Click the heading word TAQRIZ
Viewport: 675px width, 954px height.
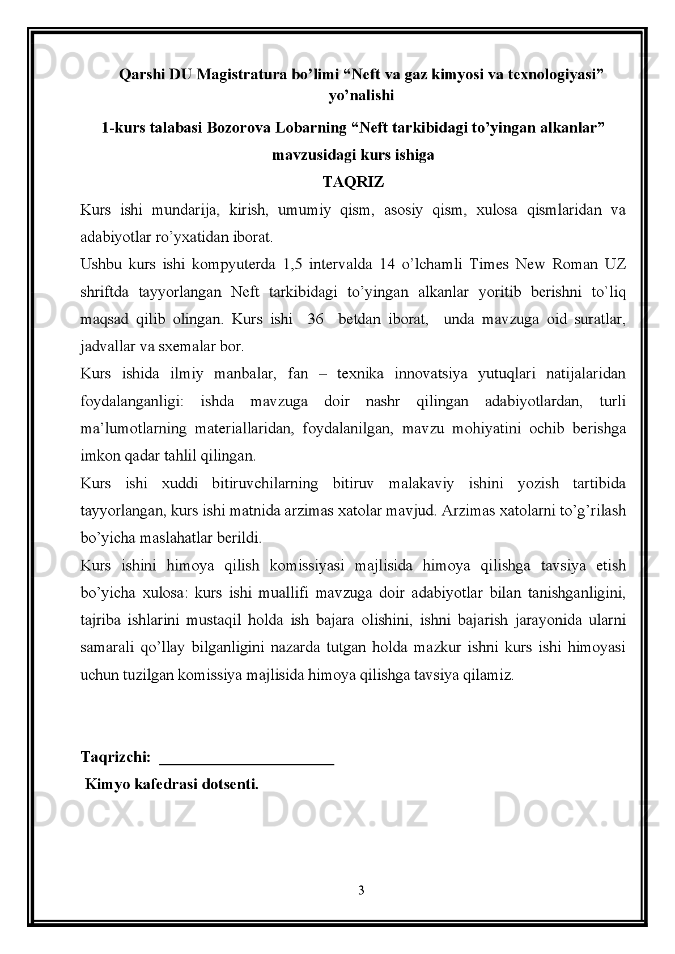point(353,182)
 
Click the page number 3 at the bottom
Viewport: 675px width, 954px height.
point(361,891)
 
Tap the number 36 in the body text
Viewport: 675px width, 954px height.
point(315,319)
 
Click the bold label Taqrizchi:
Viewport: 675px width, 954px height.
point(116,757)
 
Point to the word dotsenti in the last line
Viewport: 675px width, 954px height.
point(230,785)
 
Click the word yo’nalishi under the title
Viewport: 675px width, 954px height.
point(360,96)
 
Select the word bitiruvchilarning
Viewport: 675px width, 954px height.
point(265,483)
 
